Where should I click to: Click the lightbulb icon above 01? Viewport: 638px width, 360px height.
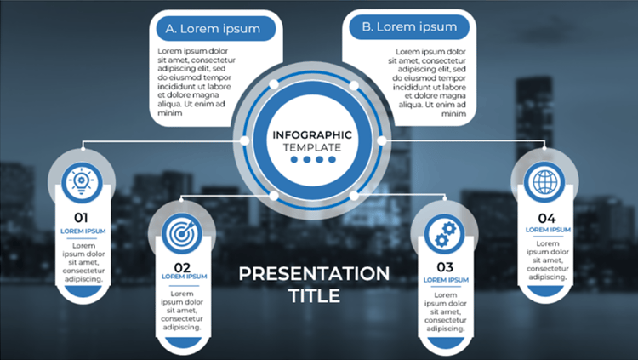82,182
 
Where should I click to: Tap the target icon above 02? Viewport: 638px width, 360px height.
182,234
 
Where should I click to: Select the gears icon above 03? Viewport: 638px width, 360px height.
445,234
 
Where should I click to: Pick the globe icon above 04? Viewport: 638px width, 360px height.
544,182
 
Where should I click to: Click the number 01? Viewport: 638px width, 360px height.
81,218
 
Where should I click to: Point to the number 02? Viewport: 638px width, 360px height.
182,267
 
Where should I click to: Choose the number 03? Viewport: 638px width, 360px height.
445,267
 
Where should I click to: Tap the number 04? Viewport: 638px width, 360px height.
546,218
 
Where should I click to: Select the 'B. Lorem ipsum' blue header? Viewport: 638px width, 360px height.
409,27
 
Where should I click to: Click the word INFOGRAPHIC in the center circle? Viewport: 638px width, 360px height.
312,134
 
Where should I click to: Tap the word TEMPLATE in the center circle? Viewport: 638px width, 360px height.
312,147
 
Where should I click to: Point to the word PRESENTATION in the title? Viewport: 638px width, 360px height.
314,274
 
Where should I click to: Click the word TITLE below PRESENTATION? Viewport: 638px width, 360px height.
314,296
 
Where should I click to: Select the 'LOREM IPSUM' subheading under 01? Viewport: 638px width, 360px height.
83,231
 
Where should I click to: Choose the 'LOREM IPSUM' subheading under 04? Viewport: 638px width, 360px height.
548,230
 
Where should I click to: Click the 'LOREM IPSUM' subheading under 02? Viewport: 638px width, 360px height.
185,277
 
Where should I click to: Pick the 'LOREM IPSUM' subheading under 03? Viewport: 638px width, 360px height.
446,280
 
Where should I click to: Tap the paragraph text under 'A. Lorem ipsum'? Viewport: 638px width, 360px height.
197,82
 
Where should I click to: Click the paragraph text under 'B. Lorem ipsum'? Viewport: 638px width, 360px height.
427,83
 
